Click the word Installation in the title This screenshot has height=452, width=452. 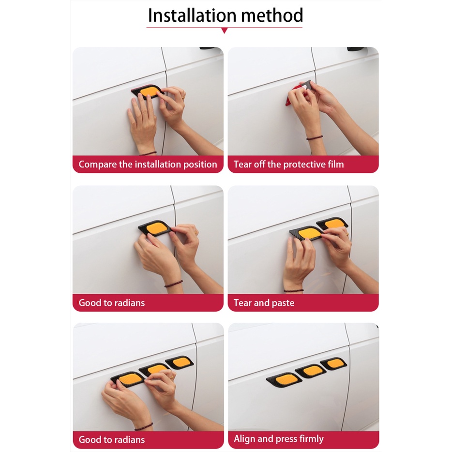pos(192,15)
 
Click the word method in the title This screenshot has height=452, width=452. pos(272,15)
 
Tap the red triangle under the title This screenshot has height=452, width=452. pos(224,30)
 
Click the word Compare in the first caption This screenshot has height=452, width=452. pos(97,165)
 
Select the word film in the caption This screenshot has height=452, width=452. pos(335,165)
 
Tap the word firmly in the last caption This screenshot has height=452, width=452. pos(312,439)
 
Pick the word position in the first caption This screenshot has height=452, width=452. pos(200,165)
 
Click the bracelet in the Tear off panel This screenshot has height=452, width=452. pos(315,138)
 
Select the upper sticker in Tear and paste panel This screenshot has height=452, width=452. pos(332,224)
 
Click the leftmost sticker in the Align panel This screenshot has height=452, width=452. pos(282,379)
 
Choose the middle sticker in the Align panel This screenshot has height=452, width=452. pos(310,371)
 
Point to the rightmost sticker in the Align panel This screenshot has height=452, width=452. pos(333,363)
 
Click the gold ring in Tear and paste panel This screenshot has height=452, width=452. pos(347,234)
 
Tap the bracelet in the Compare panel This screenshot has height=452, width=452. pos(148,153)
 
